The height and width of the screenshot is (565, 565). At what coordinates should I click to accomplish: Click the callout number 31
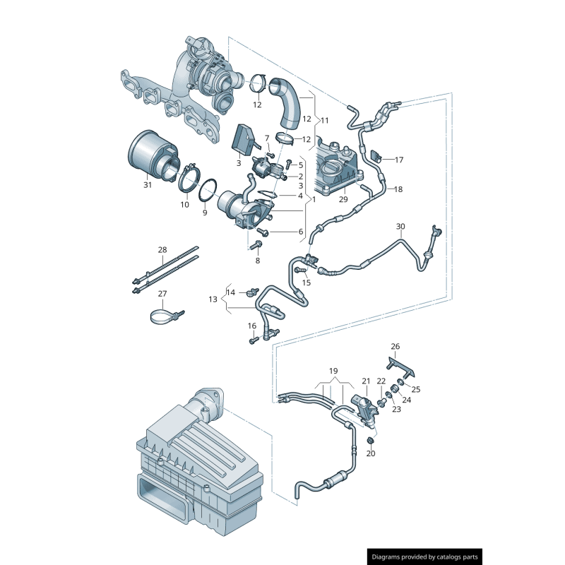point(148,185)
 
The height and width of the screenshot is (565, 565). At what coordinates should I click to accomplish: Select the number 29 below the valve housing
point(343,200)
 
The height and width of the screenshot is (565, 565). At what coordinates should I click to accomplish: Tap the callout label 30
point(400,227)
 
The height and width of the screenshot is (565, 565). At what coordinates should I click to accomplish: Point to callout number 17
point(399,160)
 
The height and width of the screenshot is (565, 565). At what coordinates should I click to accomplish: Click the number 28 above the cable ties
point(162,250)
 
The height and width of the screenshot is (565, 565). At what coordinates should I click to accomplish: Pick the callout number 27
point(162,294)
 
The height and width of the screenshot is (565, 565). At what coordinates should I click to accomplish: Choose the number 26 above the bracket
point(395,346)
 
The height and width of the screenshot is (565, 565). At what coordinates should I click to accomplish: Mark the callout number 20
point(371,453)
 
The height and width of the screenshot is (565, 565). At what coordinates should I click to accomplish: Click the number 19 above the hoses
point(333,371)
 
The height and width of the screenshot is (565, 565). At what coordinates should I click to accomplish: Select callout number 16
point(251,326)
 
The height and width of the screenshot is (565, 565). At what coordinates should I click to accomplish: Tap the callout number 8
point(257,261)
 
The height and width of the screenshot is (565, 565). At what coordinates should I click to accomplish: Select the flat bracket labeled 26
point(400,367)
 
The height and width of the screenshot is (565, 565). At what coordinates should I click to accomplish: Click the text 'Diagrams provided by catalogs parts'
point(426,557)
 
